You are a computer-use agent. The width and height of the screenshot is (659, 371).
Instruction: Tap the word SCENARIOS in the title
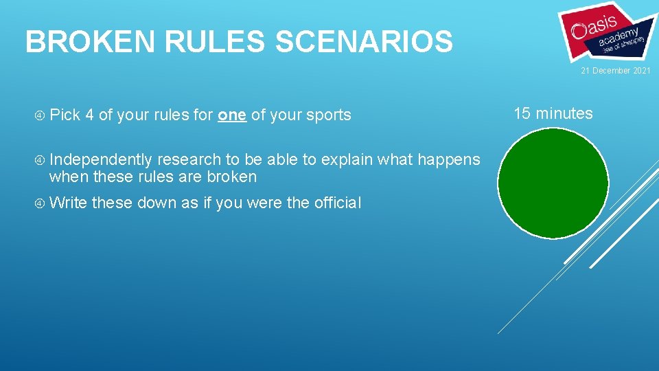pyautogui.click(x=364, y=42)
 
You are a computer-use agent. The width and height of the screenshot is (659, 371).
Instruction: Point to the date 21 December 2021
pyautogui.click(x=616, y=71)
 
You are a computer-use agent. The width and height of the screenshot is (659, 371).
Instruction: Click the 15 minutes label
pyautogui.click(x=553, y=114)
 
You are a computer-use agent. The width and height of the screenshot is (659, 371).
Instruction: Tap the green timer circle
pyautogui.click(x=553, y=182)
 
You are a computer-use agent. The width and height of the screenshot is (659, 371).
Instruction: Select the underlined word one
pyautogui.click(x=232, y=115)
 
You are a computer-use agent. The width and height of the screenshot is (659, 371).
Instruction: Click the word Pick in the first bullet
pyautogui.click(x=65, y=115)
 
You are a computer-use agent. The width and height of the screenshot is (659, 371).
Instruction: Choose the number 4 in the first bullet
pyautogui.click(x=90, y=115)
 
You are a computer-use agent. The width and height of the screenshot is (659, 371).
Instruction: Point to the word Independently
pyautogui.click(x=100, y=160)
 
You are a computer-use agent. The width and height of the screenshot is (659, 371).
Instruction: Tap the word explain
pyautogui.click(x=347, y=160)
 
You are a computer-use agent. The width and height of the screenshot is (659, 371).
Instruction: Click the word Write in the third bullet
pyautogui.click(x=68, y=203)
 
